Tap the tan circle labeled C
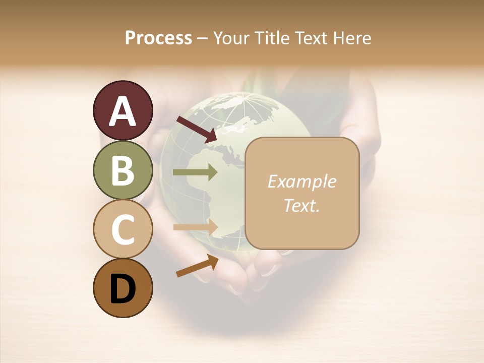(x=123, y=229)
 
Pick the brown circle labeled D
(x=123, y=288)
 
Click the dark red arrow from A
(x=197, y=129)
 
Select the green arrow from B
(x=195, y=172)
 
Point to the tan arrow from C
(x=195, y=227)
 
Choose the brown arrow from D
(x=197, y=265)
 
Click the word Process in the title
(x=158, y=38)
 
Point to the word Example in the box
(x=301, y=181)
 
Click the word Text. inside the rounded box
(x=301, y=206)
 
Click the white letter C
(x=123, y=230)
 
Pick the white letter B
(x=123, y=170)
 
